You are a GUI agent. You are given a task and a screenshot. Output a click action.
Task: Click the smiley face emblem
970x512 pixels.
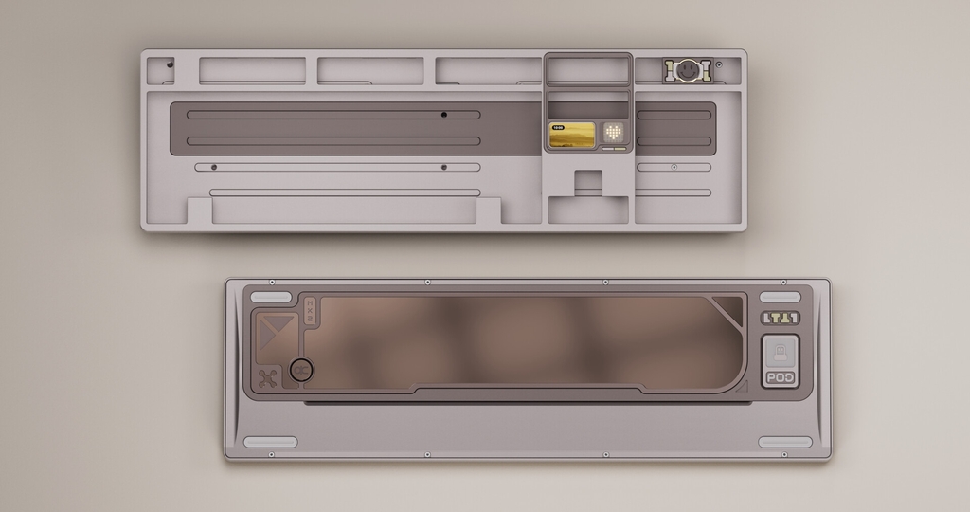coord(687,69)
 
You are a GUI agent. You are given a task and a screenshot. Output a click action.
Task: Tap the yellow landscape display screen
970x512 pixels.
coord(572,136)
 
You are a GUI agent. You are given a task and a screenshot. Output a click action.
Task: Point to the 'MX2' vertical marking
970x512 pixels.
coord(310,311)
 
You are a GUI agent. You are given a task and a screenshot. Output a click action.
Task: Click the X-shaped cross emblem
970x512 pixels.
coord(268,378)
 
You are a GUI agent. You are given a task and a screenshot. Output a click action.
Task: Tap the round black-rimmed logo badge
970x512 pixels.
coord(301,370)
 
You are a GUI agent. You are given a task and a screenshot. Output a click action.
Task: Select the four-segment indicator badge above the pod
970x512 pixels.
coord(781,319)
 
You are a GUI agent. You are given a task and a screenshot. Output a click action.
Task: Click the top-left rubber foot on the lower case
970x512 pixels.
coord(271,297)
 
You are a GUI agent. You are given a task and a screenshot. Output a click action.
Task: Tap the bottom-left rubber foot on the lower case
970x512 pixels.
coord(271,442)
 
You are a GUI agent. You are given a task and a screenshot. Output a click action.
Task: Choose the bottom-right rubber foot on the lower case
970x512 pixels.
coord(784,442)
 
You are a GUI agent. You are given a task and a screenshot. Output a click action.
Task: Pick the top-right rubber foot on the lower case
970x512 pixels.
coord(784,297)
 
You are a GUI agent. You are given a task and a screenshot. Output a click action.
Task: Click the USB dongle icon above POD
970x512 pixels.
coord(781,352)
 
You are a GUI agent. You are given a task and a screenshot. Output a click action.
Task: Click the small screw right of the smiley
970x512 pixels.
coord(719,64)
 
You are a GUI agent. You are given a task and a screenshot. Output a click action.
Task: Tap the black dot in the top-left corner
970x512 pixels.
coord(171,65)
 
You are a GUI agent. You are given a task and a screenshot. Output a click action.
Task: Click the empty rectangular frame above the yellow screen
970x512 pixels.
coord(587,69)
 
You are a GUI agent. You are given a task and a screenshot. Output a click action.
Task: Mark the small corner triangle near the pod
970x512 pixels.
coord(742,385)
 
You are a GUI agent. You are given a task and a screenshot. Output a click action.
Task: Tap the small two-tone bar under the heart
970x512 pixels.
coord(614,149)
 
